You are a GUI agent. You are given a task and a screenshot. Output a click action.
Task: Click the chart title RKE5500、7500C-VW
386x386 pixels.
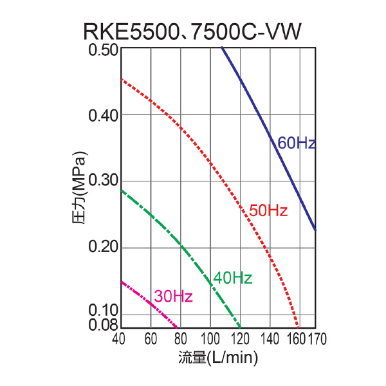(x=192, y=32)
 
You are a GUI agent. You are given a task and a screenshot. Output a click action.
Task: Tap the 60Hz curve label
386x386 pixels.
(x=296, y=143)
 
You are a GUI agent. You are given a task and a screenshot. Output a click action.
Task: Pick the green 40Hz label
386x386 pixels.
(x=232, y=278)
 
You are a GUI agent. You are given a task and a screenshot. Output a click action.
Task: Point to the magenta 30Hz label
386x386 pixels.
(x=173, y=297)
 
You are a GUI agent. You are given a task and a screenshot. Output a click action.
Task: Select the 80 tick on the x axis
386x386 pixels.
(x=180, y=338)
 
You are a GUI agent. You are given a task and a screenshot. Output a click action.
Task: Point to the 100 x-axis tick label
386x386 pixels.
(x=210, y=338)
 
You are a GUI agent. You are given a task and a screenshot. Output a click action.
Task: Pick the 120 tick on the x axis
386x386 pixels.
(x=240, y=338)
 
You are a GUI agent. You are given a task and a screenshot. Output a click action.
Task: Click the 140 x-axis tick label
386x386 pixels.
(x=270, y=338)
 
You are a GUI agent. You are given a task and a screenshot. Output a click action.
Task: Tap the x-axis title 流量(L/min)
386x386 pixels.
(x=218, y=357)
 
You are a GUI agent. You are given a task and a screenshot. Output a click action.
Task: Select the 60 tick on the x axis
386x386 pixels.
(x=151, y=338)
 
